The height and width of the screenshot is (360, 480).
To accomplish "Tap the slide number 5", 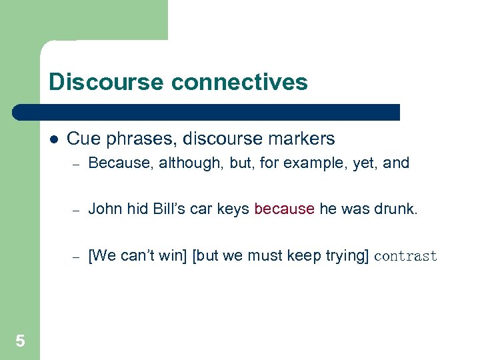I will tap(20, 341).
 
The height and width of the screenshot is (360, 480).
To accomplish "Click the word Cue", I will tap(82, 139).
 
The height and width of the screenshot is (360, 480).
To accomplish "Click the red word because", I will tap(284, 209).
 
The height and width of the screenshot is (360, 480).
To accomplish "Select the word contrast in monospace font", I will tap(406, 256).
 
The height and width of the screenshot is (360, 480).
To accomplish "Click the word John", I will tap(104, 209).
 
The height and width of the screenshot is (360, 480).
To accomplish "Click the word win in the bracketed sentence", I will tap(171, 256).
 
